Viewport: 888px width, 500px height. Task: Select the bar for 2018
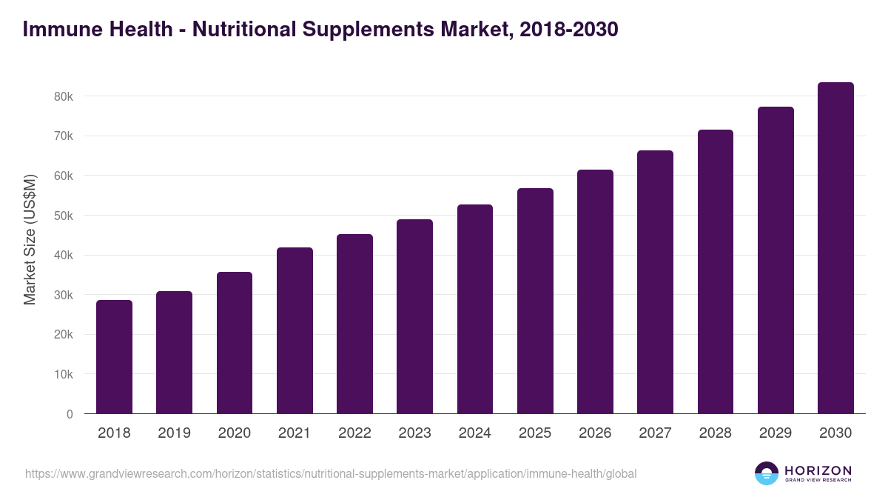tap(114, 357)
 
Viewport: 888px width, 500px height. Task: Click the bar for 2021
tap(295, 330)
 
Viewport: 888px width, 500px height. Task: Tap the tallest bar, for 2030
tap(835, 248)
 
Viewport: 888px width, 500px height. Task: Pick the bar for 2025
tap(535, 301)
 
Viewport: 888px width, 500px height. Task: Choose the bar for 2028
tap(716, 272)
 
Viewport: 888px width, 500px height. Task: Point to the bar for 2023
tap(414, 316)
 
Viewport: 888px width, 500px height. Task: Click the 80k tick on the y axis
tap(62, 96)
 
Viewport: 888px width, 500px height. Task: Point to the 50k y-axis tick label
tap(62, 216)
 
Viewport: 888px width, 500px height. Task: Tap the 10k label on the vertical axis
tap(62, 374)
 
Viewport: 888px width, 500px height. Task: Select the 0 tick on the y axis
tap(70, 414)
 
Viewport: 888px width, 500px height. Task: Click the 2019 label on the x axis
tap(174, 433)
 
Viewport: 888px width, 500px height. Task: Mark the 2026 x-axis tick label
tap(595, 433)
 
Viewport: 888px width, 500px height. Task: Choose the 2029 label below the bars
tap(776, 433)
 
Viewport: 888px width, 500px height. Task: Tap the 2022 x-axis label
tap(354, 433)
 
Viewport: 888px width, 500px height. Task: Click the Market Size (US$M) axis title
tap(30, 239)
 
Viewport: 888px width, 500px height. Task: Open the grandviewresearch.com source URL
tap(330, 473)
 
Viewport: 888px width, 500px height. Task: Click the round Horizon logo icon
tap(767, 473)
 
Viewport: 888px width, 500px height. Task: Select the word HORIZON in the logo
tap(818, 470)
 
